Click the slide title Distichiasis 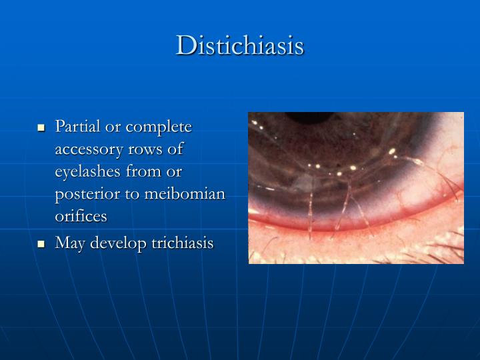(x=240, y=45)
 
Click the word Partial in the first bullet (x=78, y=127)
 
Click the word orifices (x=81, y=217)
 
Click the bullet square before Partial (x=41, y=127)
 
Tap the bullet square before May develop (x=41, y=244)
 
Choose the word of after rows (x=177, y=149)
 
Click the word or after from (x=175, y=172)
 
